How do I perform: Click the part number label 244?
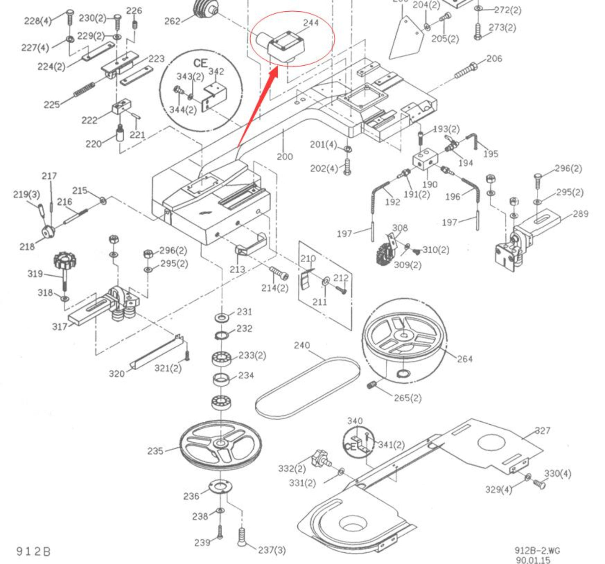click(311, 23)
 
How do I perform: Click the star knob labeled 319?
click(65, 262)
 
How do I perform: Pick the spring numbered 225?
click(84, 90)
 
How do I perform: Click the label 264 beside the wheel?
click(464, 359)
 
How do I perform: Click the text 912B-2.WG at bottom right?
click(537, 551)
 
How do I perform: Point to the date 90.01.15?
click(533, 560)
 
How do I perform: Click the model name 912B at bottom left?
click(33, 551)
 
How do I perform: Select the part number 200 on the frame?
click(285, 156)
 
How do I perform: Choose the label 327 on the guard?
click(543, 431)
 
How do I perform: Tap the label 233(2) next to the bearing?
click(252, 355)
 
